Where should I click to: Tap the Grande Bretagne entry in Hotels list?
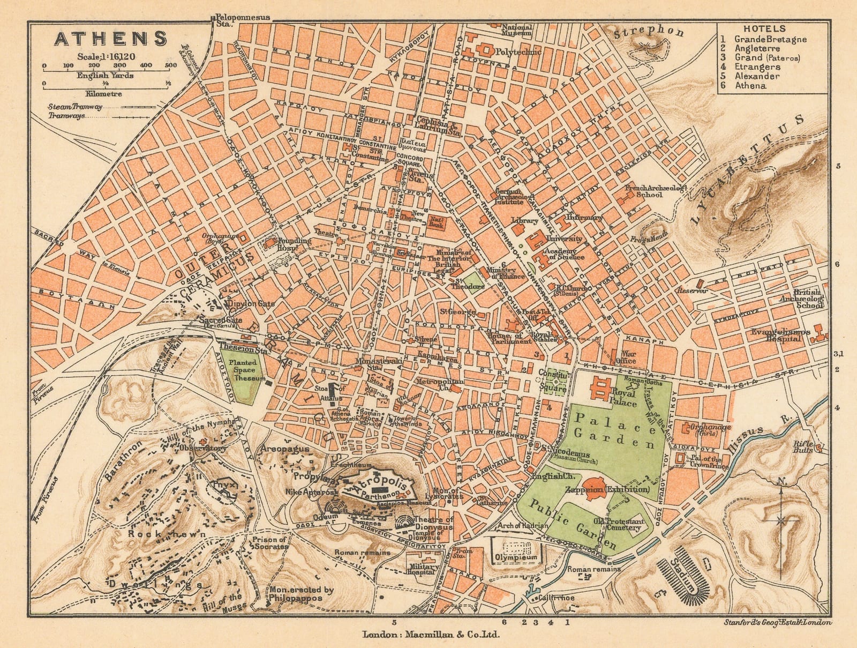(x=770, y=39)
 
